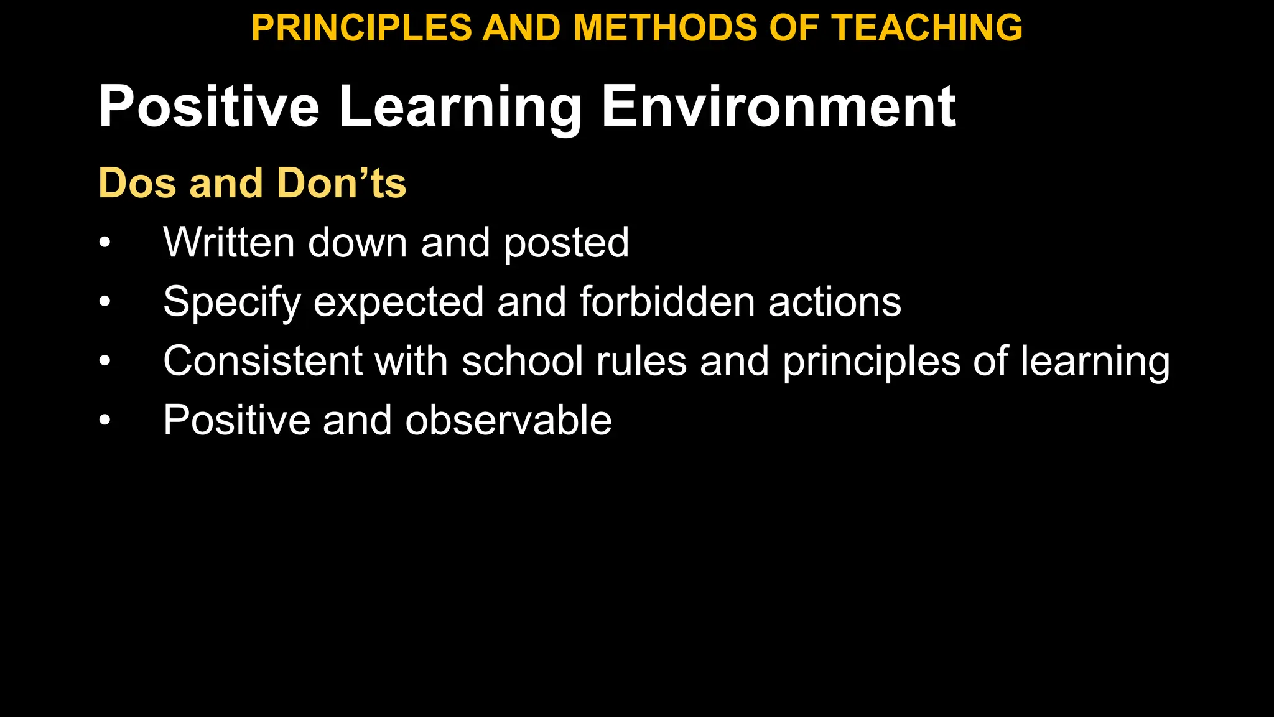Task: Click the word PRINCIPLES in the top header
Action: pos(361,29)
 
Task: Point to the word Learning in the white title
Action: pos(459,108)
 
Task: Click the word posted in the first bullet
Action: pos(566,243)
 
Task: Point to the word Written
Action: pos(228,242)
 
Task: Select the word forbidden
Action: pos(667,302)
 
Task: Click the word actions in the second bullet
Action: pos(834,302)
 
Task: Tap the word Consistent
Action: pos(263,361)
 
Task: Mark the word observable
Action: pos(508,421)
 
